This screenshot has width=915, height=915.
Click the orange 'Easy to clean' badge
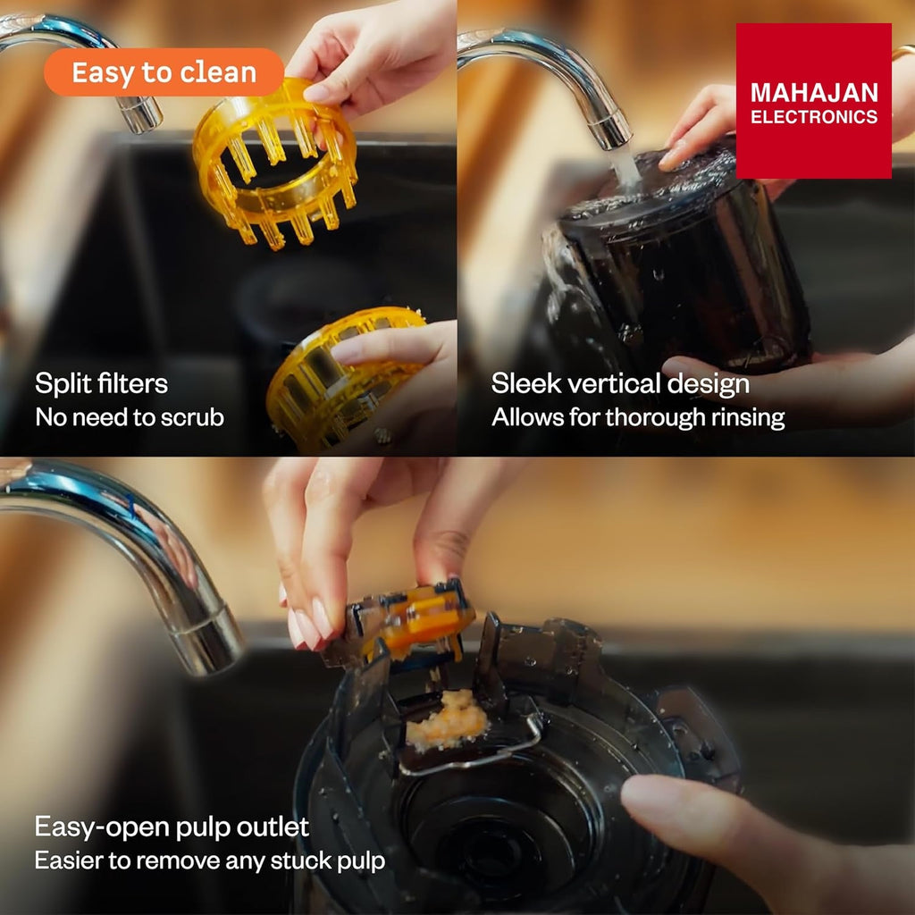tap(164, 72)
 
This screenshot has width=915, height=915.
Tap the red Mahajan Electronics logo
tap(813, 101)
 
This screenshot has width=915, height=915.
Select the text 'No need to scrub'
tap(130, 417)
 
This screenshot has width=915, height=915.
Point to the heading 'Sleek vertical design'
tap(620, 384)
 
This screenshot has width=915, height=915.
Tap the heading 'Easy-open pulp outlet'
tap(172, 827)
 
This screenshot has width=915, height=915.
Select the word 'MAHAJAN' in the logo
tap(814, 93)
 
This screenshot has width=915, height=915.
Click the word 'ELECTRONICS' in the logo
tap(814, 117)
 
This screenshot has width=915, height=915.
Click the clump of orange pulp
tap(447, 719)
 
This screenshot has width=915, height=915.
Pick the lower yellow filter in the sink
tap(344, 379)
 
